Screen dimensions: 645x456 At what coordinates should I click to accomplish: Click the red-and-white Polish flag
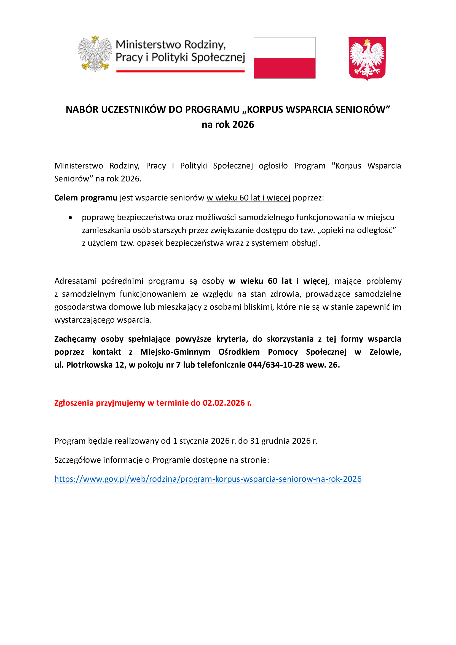point(284,58)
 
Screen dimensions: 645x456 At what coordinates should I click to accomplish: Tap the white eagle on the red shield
point(367,58)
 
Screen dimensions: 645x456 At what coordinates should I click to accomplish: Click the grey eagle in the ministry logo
point(95,53)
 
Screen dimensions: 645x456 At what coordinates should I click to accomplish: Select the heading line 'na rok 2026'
point(228,124)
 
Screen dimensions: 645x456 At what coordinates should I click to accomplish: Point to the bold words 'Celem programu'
point(86,198)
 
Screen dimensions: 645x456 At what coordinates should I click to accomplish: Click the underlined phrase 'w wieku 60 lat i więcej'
point(248,198)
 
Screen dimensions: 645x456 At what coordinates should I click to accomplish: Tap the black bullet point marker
point(70,217)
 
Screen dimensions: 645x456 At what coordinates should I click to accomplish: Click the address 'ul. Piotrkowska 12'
point(89,365)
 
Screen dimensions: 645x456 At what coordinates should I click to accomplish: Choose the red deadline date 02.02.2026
point(224,403)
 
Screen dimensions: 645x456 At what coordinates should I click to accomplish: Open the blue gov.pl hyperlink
point(208,479)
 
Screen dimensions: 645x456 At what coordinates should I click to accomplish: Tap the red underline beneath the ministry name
point(180,71)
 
